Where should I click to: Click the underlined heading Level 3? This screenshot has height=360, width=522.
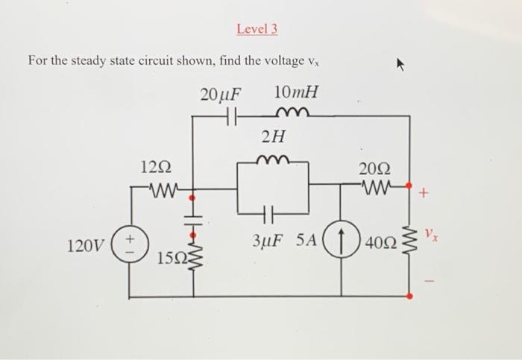(x=257, y=29)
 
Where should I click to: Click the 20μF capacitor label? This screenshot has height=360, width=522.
(x=221, y=95)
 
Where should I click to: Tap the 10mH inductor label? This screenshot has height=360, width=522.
(x=296, y=93)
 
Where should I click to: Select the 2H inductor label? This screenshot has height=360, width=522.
(x=273, y=136)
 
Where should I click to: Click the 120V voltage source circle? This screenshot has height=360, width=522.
(x=130, y=244)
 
